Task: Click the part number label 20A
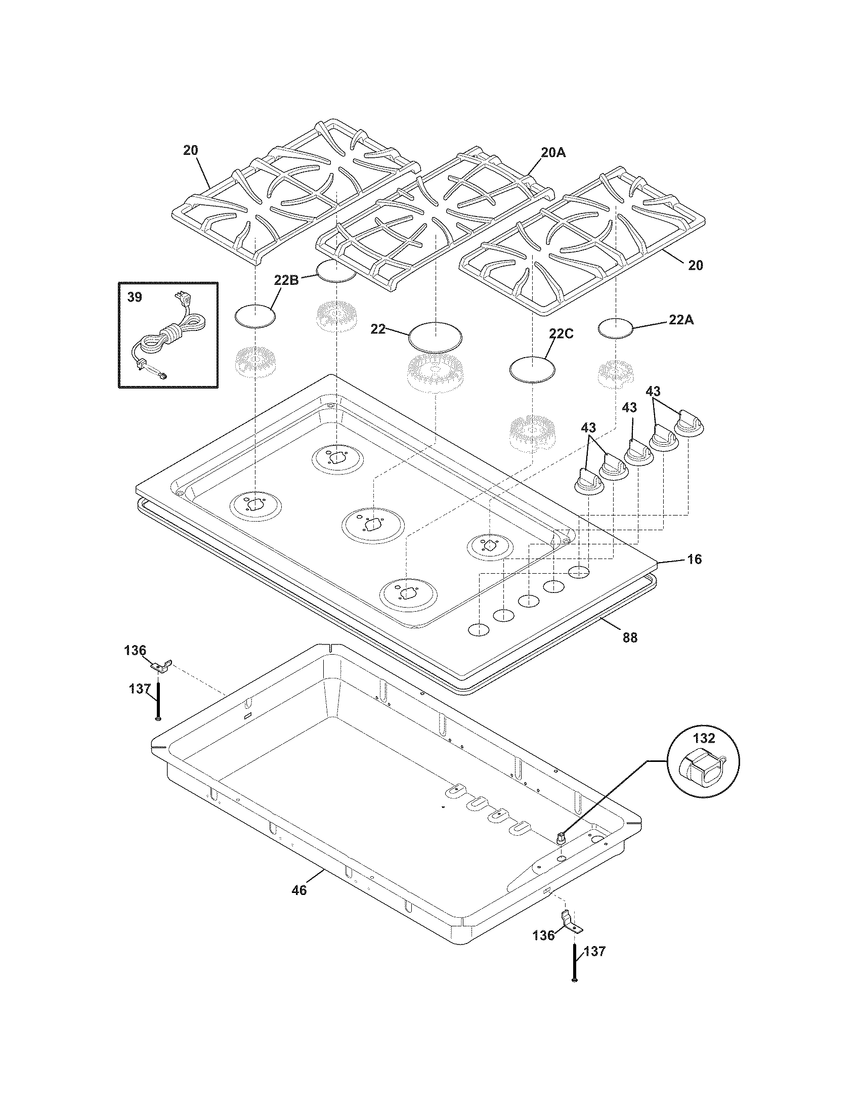[552, 152]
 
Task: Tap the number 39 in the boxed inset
[135, 297]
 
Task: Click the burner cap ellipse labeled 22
[436, 336]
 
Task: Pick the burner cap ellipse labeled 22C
[532, 368]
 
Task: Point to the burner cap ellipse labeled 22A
[616, 328]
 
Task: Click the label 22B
[286, 279]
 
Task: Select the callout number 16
[694, 559]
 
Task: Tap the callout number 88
[630, 637]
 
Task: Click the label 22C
[561, 333]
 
